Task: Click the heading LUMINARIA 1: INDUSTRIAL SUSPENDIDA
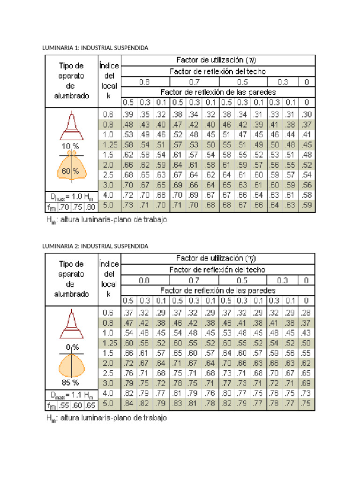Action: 95,48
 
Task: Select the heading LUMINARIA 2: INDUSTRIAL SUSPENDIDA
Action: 95,246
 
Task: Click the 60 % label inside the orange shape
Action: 70,172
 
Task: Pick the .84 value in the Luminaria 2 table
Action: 128,403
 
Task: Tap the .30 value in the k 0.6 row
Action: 307,114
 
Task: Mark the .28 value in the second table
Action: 307,312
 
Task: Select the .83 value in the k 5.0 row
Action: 177,403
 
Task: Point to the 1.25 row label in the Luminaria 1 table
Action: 109,145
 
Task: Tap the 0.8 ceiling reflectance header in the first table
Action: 144,82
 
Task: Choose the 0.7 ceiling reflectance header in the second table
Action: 194,280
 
